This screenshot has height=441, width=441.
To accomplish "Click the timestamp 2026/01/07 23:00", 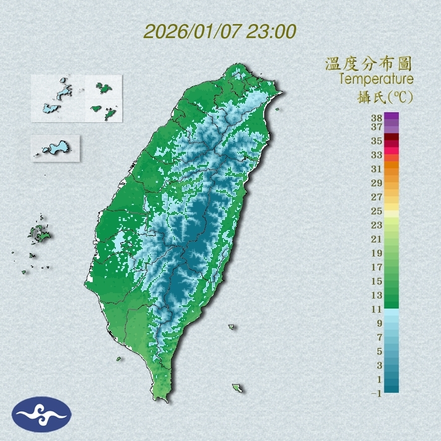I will click(x=219, y=32).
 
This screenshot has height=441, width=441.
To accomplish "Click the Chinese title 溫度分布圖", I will click(x=369, y=64).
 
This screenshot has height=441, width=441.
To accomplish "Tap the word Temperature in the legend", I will click(x=376, y=79).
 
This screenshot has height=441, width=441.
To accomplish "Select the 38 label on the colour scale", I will click(x=377, y=118).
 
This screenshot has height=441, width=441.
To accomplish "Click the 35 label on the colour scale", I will click(x=377, y=141).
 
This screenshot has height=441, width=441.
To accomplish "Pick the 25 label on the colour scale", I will click(x=377, y=210).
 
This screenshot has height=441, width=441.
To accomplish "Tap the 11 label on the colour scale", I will click(x=377, y=310).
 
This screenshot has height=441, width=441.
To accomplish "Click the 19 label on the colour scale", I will click(x=377, y=253).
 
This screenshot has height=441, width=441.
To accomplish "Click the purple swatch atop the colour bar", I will click(x=391, y=116).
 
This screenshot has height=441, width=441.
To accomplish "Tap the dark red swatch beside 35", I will click(x=391, y=137).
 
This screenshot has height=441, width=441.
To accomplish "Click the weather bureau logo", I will click(x=42, y=414).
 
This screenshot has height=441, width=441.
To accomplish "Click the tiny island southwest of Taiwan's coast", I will click(x=119, y=359).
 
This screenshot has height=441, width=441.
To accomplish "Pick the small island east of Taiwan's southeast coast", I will click(x=232, y=327).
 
